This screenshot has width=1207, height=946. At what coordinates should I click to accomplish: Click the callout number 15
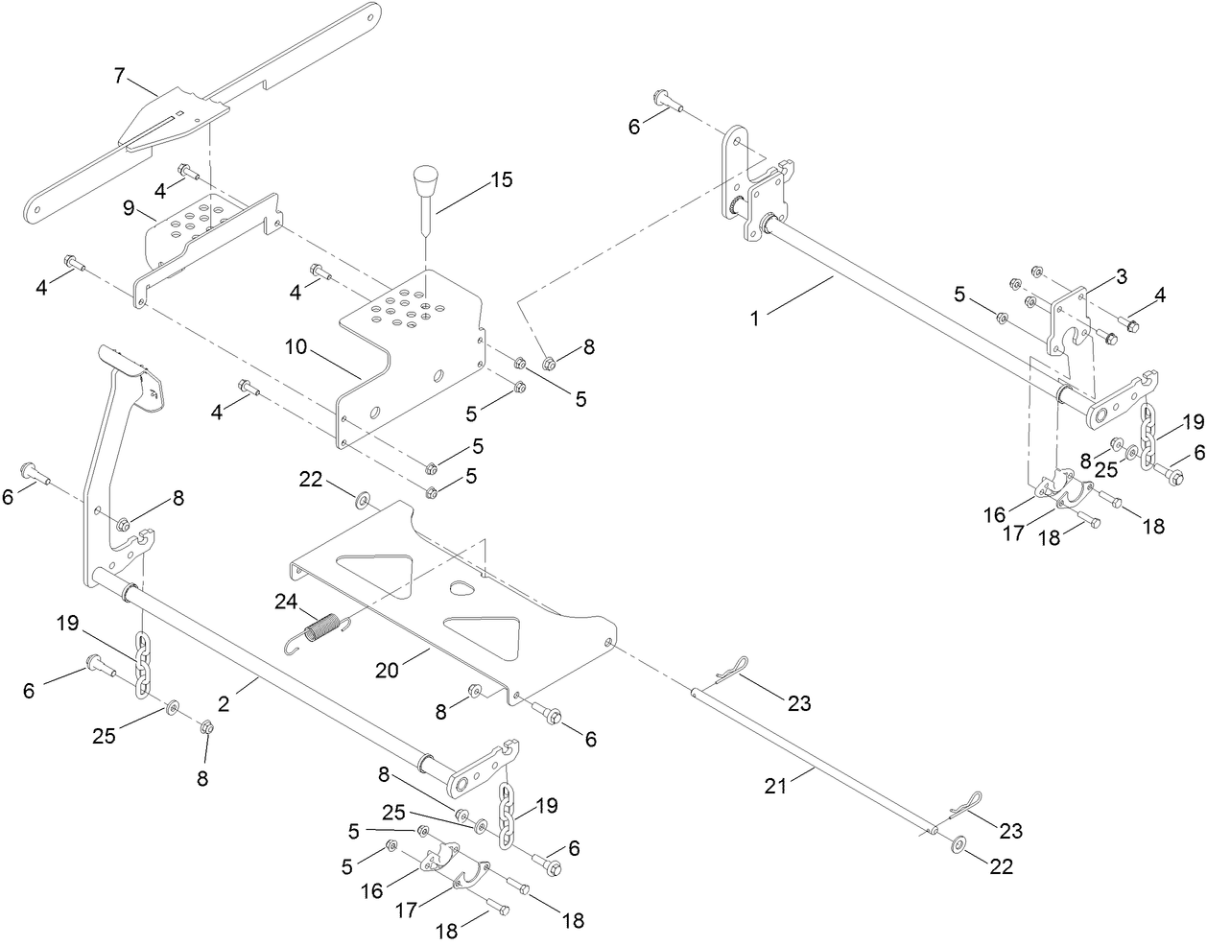click(x=501, y=180)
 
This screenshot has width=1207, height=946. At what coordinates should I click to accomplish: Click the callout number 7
click(x=119, y=76)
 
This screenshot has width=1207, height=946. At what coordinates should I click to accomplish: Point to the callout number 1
click(x=755, y=318)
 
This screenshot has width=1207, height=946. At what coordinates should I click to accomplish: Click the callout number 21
click(x=776, y=786)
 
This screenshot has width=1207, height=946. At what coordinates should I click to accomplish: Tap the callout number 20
click(x=387, y=670)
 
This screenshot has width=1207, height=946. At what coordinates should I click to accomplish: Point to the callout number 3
click(x=1121, y=277)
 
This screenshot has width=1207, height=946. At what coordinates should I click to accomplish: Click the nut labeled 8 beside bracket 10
click(x=551, y=363)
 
